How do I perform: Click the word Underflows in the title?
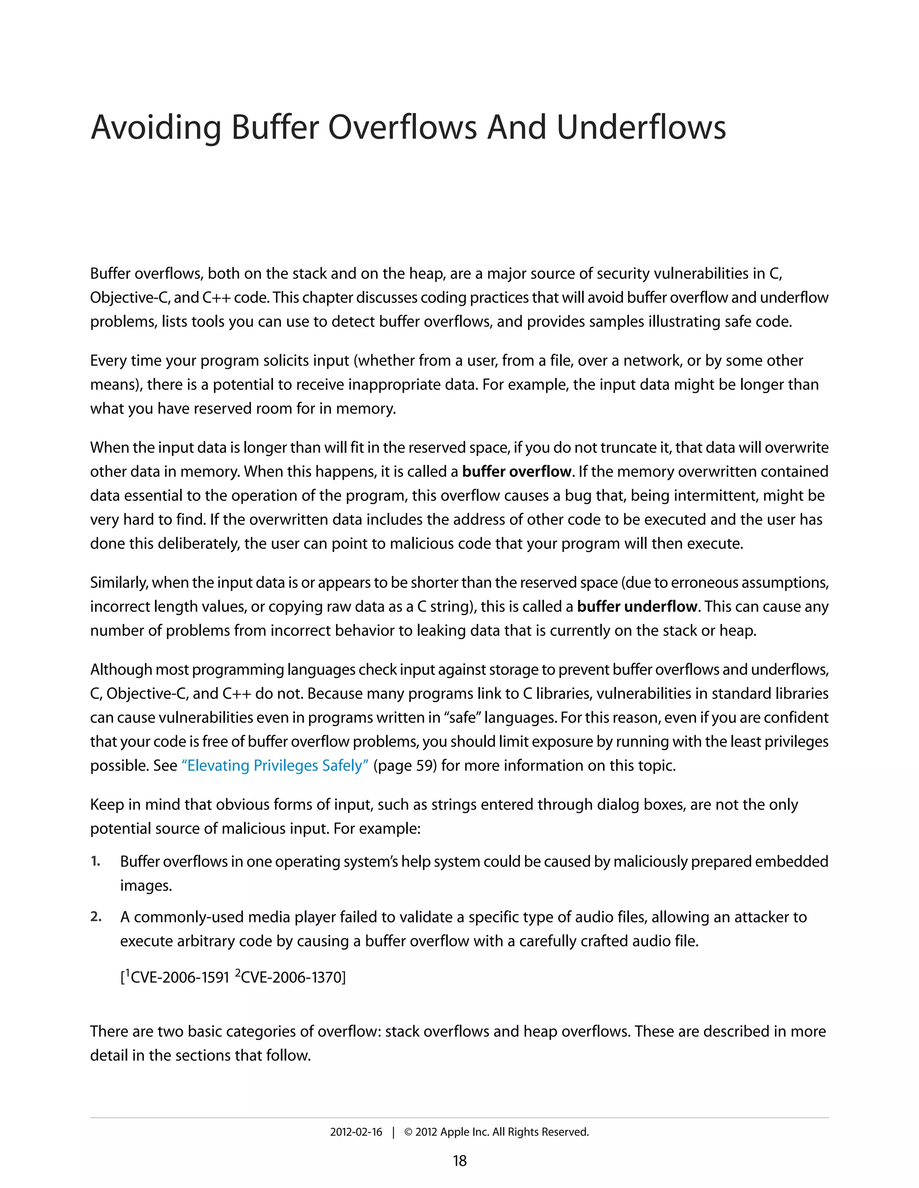[x=641, y=128]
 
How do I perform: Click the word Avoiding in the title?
[x=156, y=128]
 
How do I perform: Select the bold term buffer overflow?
[x=516, y=472]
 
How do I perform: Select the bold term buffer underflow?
[x=637, y=607]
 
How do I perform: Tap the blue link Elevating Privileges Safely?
[x=275, y=765]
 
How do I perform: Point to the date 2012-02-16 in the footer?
[x=356, y=1132]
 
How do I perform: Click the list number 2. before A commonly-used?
[x=96, y=917]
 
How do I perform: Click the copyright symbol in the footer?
[x=408, y=1132]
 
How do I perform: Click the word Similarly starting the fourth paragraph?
[x=118, y=583]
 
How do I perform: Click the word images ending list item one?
[x=145, y=885]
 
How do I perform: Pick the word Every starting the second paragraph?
[x=108, y=360]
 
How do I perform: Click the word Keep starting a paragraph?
[x=107, y=805]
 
